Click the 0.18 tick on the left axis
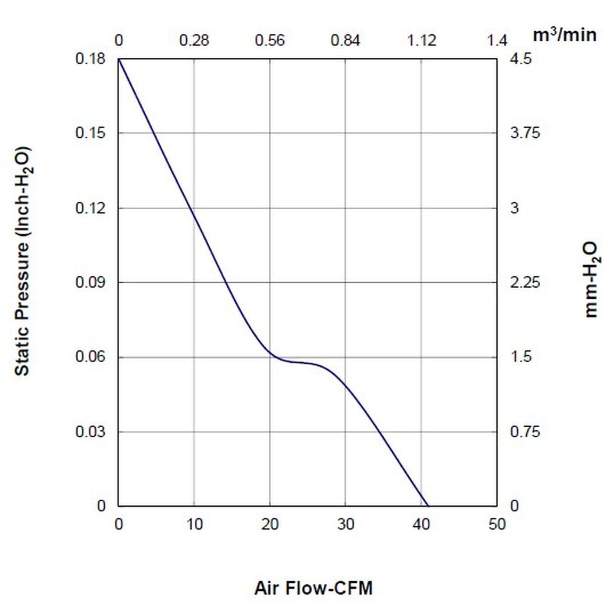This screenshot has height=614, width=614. pyautogui.click(x=91, y=58)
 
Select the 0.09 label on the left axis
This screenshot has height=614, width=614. pyautogui.click(x=91, y=282)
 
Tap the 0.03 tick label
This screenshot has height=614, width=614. pyautogui.click(x=91, y=432)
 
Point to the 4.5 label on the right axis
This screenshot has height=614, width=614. pyautogui.click(x=521, y=58)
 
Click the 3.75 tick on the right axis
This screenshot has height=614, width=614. pyautogui.click(x=525, y=133)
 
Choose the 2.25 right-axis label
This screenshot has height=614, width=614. pyautogui.click(x=525, y=282)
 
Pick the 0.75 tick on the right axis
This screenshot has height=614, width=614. pyautogui.click(x=525, y=432)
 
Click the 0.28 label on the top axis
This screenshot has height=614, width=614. pyautogui.click(x=194, y=40)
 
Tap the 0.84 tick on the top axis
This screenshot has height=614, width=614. pyautogui.click(x=345, y=40)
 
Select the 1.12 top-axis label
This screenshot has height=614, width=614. pyautogui.click(x=421, y=40)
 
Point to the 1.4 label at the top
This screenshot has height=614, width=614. pyautogui.click(x=497, y=40)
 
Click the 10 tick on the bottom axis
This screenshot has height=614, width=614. pyautogui.click(x=194, y=524)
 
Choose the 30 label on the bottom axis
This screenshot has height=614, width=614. pyautogui.click(x=346, y=524)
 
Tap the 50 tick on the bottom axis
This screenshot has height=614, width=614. pyautogui.click(x=497, y=524)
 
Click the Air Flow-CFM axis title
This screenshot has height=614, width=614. pyautogui.click(x=313, y=588)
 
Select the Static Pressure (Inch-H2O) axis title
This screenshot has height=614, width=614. pyautogui.click(x=23, y=261)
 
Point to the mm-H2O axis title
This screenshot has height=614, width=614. pyautogui.click(x=591, y=279)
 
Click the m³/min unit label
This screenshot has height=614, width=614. pyautogui.click(x=564, y=35)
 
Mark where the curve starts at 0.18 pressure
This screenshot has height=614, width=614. pyautogui.click(x=119, y=59)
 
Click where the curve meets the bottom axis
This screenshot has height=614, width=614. pyautogui.click(x=428, y=506)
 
